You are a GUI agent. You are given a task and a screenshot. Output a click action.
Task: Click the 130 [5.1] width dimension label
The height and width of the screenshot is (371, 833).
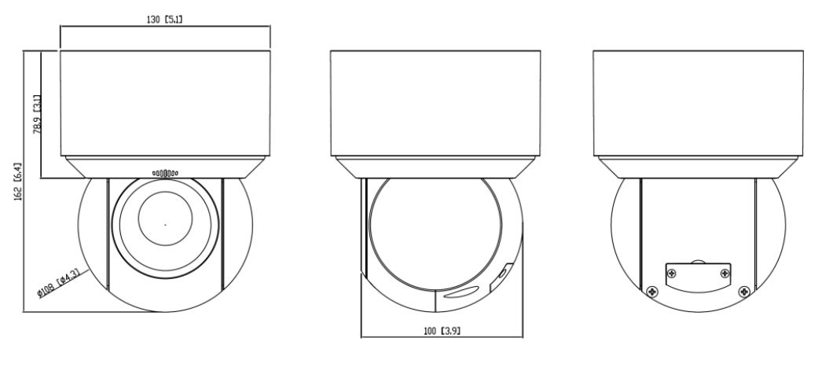[165, 20]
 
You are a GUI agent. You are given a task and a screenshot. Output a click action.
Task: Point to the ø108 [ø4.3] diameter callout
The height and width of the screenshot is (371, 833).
[58, 284]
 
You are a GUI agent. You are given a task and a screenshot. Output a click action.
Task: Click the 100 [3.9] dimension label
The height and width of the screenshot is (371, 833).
[442, 331]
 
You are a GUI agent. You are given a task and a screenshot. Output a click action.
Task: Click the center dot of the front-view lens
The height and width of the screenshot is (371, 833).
[165, 225]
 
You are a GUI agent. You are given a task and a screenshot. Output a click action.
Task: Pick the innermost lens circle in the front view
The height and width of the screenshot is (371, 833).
[165, 219]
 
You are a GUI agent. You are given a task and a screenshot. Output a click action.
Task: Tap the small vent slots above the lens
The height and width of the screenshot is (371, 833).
[165, 173]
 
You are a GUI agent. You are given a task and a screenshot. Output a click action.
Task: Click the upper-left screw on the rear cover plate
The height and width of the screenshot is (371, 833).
[672, 274]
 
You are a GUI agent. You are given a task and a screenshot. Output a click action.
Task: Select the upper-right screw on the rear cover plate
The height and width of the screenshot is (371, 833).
[725, 274]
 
